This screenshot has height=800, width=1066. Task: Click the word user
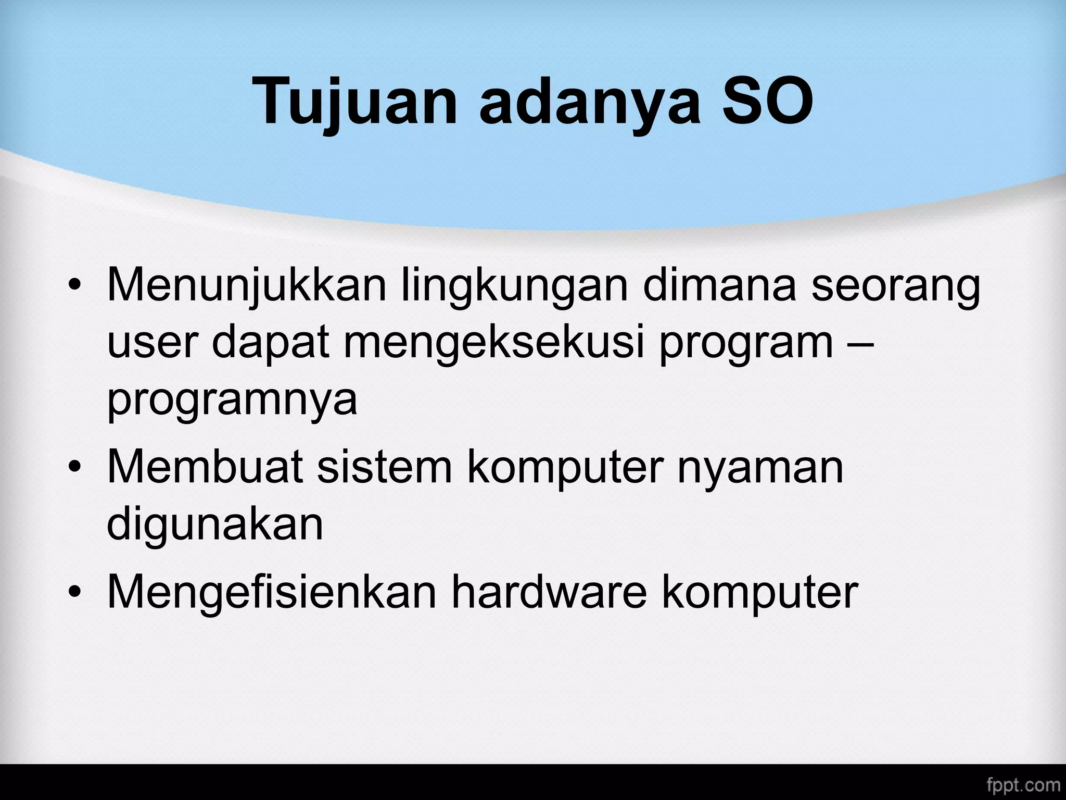tap(151, 343)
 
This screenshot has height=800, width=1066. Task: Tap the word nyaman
tap(759, 467)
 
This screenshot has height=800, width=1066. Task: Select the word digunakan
tap(214, 523)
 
